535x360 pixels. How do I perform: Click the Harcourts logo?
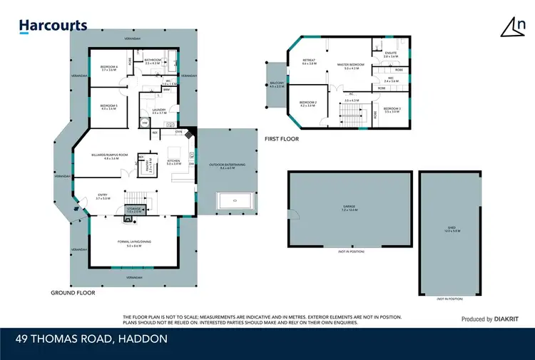[53, 26]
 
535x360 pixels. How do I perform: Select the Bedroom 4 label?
[108, 68]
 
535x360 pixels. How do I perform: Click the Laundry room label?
[158, 111]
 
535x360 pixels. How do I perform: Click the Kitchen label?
[173, 162]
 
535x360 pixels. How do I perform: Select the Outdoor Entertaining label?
[227, 166]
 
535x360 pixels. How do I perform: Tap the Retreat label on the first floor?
[309, 62]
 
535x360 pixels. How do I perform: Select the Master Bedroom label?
[350, 66]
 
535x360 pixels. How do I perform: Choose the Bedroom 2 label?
[308, 104]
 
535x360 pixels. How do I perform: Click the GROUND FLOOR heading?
[73, 292]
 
